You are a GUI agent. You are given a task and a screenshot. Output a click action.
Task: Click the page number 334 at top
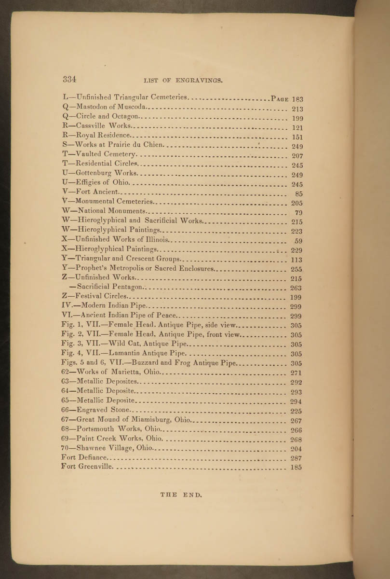coord(69,79)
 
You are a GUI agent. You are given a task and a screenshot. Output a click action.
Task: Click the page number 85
coord(298,194)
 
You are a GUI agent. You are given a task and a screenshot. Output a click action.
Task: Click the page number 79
coord(298,213)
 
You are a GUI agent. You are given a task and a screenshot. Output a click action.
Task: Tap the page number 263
coord(296,288)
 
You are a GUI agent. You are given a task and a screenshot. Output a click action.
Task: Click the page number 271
coord(296,373)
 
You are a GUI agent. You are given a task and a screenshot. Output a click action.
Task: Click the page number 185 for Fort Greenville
coord(296,467)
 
